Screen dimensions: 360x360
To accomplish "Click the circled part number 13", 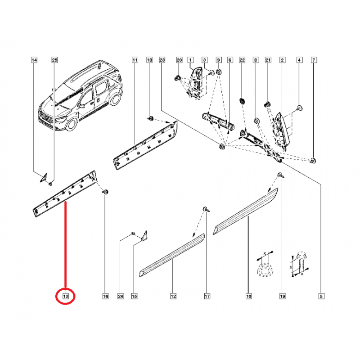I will [65, 297].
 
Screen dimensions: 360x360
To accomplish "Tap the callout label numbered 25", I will [55, 60].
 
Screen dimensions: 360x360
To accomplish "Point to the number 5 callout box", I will [322, 296].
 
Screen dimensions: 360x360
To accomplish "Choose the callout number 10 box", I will [248, 296].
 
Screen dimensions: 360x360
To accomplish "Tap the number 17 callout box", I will [207, 296].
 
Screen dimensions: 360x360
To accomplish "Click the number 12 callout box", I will [173, 296].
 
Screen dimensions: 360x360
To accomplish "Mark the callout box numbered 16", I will [105, 296].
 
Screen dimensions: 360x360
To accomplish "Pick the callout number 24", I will [121, 296].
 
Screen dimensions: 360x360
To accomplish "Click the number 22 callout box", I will [242, 60].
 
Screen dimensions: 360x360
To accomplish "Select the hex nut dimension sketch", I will [263, 267].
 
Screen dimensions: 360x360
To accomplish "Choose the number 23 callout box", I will [163, 60].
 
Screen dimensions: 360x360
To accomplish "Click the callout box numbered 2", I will [282, 60].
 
